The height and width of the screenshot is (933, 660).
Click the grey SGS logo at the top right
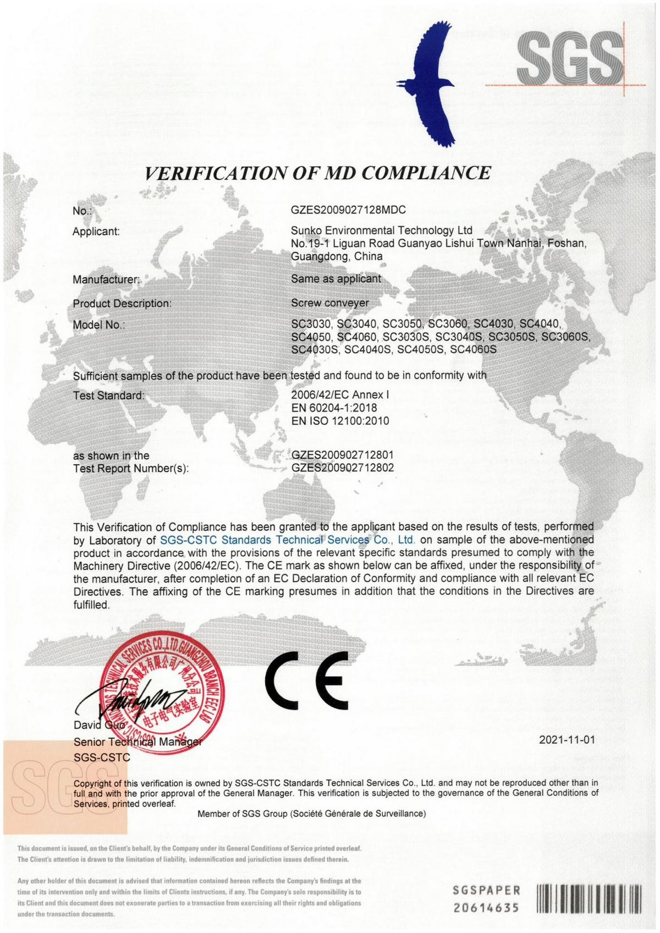tap(572, 56)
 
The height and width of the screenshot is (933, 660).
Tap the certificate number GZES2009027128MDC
tap(348, 210)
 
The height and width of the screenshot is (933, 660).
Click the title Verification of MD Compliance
tap(317, 173)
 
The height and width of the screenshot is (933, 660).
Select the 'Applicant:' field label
tap(96, 232)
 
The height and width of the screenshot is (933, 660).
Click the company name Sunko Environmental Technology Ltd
tap(382, 230)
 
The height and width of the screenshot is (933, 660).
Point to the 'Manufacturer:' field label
tap(106, 279)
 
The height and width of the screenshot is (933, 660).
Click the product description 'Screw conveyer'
tap(330, 303)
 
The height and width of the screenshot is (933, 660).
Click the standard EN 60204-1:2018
tap(334, 408)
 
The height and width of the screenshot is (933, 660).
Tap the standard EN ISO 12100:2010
tap(340, 421)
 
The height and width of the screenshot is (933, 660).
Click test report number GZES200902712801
tap(342, 455)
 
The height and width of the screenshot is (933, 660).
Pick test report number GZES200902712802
tap(342, 468)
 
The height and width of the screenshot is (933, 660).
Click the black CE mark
tap(307, 680)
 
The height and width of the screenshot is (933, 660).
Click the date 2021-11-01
tap(566, 740)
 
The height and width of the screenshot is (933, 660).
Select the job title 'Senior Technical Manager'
tap(138, 742)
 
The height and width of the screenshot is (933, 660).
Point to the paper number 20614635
tap(486, 907)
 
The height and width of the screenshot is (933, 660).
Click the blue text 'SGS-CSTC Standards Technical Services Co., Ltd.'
tap(287, 540)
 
